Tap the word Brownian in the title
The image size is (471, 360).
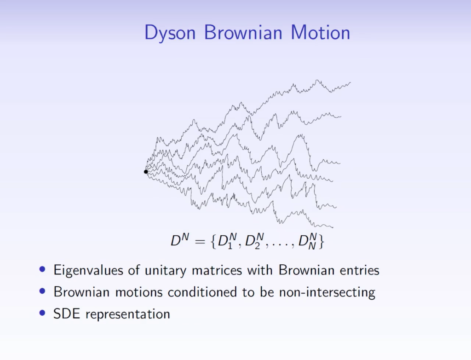pyautogui.click(x=245, y=33)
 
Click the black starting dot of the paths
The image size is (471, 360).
pyautogui.click(x=146, y=172)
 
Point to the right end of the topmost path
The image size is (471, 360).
pyautogui.click(x=350, y=83)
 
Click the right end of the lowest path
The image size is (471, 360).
pyautogui.click(x=332, y=226)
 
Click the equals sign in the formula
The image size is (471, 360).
pyautogui.click(x=197, y=242)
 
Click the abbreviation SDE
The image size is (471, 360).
pyautogui.click(x=67, y=314)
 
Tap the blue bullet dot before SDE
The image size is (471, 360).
pyautogui.click(x=43, y=314)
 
